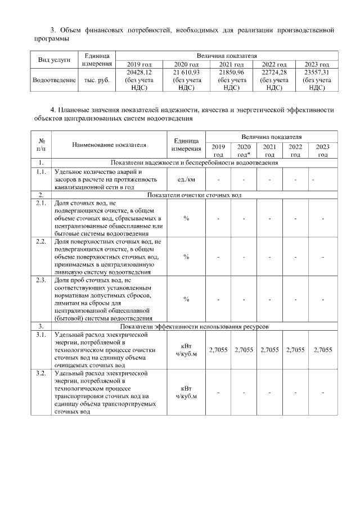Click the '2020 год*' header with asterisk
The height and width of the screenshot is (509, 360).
pos(244,150)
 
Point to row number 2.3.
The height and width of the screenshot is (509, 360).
pos(40,279)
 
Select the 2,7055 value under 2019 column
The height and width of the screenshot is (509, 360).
pos(218,349)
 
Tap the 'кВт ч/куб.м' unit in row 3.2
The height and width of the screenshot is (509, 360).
pos(186,392)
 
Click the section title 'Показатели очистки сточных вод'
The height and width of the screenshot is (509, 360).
pos(194,195)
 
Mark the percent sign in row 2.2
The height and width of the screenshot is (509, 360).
pos(186,257)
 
